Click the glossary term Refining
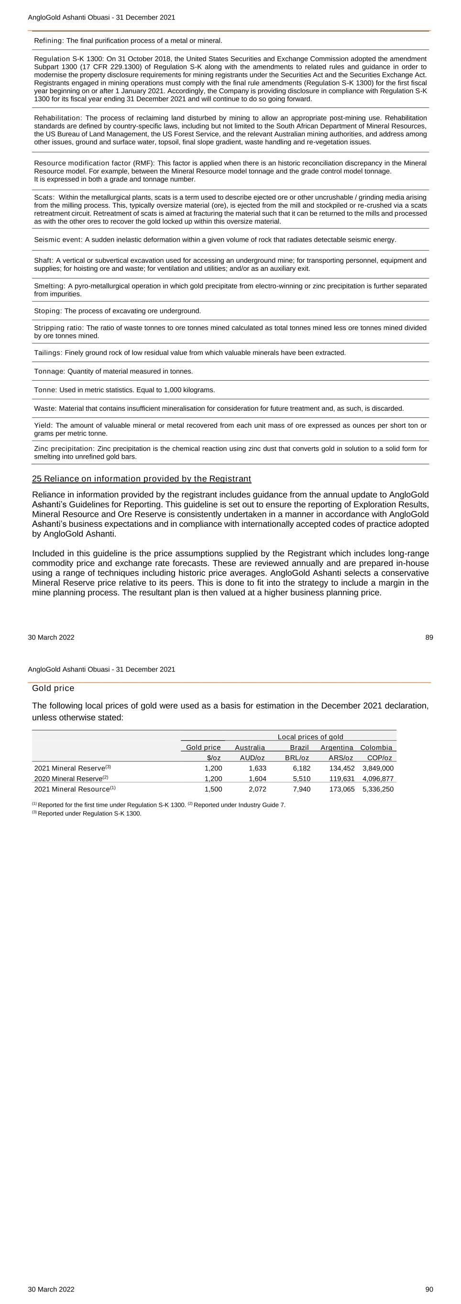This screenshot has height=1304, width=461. pyautogui.click(x=49, y=41)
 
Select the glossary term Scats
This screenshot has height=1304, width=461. pyautogui.click(x=44, y=197)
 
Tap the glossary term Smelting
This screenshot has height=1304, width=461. pyautogui.click(x=49, y=286)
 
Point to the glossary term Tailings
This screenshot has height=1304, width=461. pyautogui.click(x=48, y=353)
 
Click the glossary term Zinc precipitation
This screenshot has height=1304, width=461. pyautogui.click(x=64, y=449)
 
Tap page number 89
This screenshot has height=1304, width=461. pyautogui.click(x=428, y=637)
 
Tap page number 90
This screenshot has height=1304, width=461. pyautogui.click(x=428, y=1289)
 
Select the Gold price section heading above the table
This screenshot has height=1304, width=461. pyautogui.click(x=53, y=688)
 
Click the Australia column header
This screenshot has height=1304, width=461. pyautogui.click(x=250, y=747)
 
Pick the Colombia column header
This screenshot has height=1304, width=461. pyautogui.click(x=376, y=747)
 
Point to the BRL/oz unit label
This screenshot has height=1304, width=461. pyautogui.click(x=297, y=758)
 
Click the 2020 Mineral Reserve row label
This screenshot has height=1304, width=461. pyautogui.click(x=71, y=779)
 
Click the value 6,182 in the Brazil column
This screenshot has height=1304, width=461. pyautogui.click(x=301, y=768)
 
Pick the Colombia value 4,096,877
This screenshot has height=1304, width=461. pyautogui.click(x=378, y=779)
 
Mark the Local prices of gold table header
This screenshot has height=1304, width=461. pyautogui.click(x=310, y=737)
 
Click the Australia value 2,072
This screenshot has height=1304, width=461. pyautogui.click(x=257, y=789)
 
